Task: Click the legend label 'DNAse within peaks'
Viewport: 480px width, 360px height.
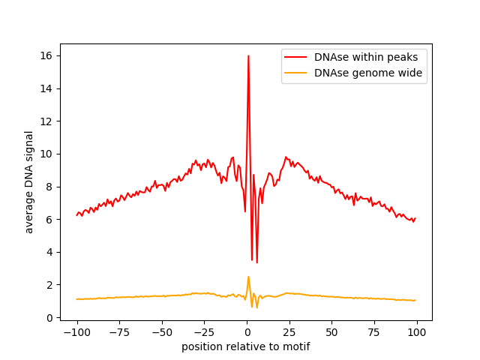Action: (366, 57)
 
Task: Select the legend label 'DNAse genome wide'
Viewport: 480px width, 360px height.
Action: (368, 73)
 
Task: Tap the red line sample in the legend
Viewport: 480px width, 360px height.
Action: (295, 57)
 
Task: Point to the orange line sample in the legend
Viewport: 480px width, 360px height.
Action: (295, 73)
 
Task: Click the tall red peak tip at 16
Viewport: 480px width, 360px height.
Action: (248, 55)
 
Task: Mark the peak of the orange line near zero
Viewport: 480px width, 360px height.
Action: (248, 277)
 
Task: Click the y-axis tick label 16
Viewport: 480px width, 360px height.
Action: (46, 55)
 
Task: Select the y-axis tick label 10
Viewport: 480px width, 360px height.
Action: (46, 154)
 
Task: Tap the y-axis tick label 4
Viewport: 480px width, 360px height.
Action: (49, 252)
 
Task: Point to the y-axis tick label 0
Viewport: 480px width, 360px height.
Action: (49, 318)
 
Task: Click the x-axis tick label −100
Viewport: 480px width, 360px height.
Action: (77, 332)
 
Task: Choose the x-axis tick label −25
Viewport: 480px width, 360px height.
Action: (205, 332)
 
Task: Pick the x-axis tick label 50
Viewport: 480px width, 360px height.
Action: (331, 332)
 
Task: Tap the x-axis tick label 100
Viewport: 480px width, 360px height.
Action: (417, 332)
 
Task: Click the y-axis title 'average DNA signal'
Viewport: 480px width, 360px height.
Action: (28, 182)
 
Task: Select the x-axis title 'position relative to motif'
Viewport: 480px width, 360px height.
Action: (246, 346)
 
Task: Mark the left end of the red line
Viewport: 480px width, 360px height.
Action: (76, 215)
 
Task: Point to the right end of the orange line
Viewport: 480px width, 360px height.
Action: (415, 300)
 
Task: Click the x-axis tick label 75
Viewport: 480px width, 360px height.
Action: (374, 332)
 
